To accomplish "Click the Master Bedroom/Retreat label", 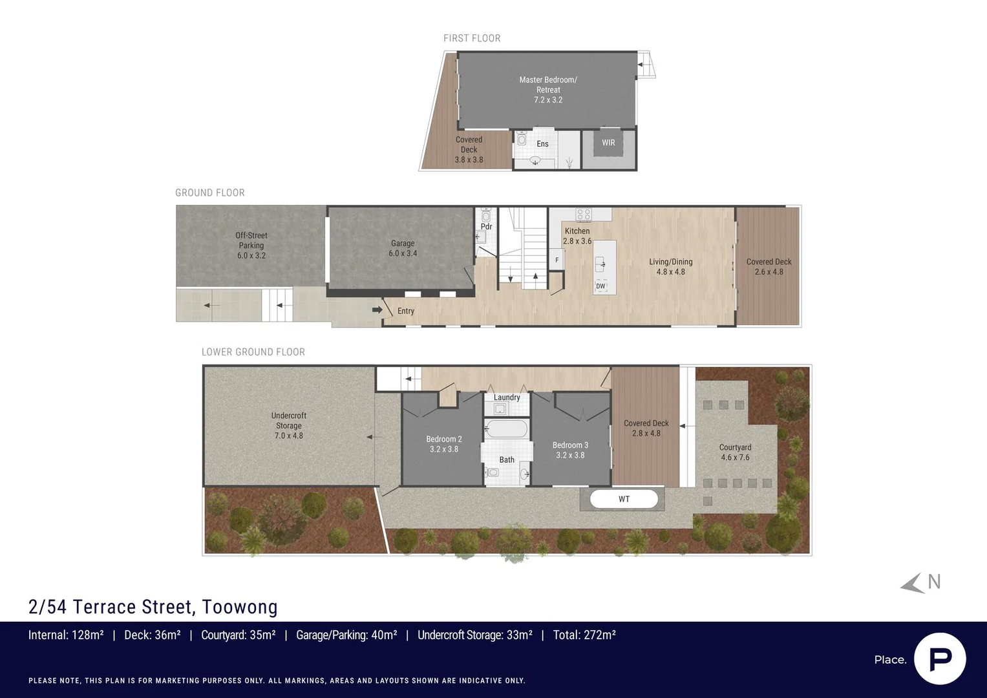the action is [x=548, y=89].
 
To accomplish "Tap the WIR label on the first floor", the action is [x=608, y=143].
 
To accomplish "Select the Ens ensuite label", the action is [x=542, y=143].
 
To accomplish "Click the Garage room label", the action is [x=403, y=248].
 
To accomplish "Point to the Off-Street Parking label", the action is [x=251, y=246].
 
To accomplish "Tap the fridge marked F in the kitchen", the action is [x=557, y=260].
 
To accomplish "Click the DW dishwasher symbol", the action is [x=600, y=286].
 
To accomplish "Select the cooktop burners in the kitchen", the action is [x=584, y=215].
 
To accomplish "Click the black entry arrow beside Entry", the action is [x=377, y=310].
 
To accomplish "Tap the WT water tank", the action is [x=624, y=499].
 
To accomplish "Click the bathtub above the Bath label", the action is [x=506, y=428].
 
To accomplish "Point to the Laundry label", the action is [x=507, y=397].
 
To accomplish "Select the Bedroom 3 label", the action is [x=570, y=450].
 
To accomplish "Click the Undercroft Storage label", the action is [x=289, y=425].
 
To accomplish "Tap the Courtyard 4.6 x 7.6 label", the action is [x=735, y=452].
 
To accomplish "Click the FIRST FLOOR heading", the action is [x=472, y=38].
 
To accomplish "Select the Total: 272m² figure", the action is [x=584, y=635].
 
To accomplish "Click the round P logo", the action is [x=940, y=659].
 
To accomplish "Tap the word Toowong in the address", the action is [x=240, y=607].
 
